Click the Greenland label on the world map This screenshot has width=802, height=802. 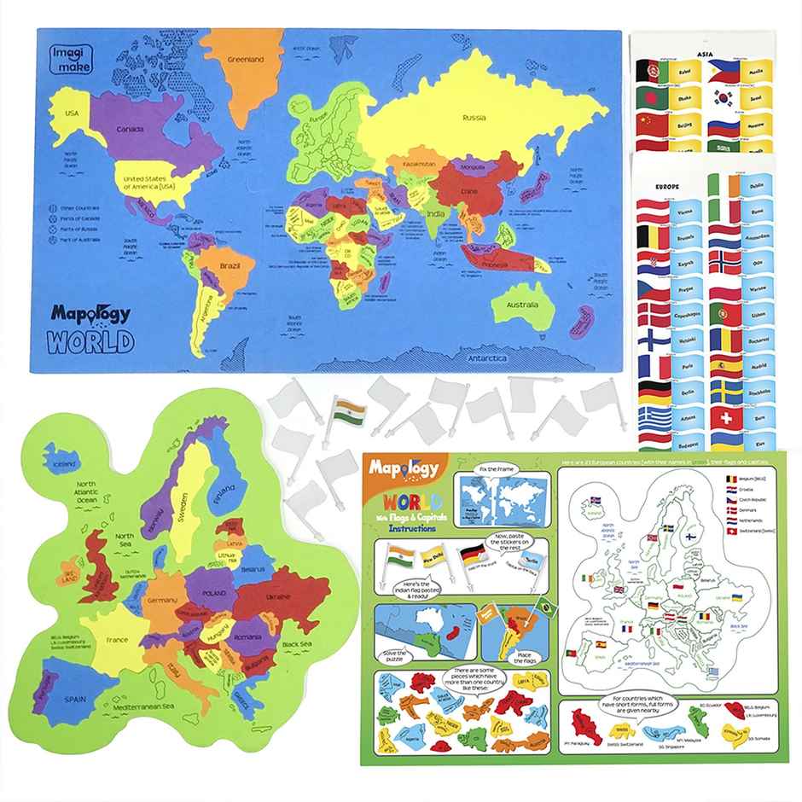pos(244,59)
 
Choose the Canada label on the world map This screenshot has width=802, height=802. pos(129,129)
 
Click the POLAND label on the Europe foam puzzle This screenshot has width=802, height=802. pos(213,592)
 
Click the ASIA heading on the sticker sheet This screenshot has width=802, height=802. pos(705,52)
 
